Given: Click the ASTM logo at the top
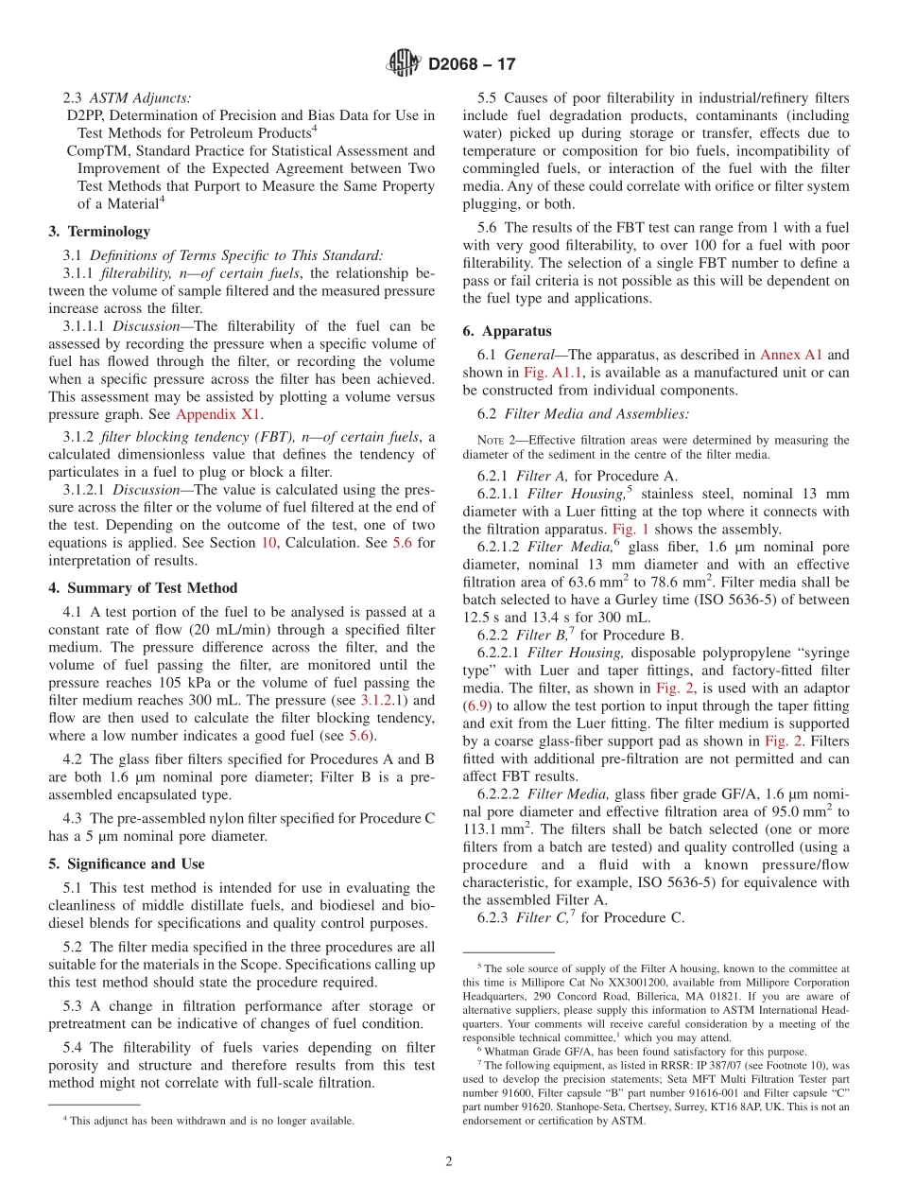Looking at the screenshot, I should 404,64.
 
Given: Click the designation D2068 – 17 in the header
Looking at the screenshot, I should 472,65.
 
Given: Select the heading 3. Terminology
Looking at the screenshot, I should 98,232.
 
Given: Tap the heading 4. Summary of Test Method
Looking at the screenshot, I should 143,588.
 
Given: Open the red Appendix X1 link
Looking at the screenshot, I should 218,414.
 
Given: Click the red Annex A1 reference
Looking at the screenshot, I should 791,355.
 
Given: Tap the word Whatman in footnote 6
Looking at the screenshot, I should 511,1052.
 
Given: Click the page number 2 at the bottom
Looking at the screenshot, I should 449,1161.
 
